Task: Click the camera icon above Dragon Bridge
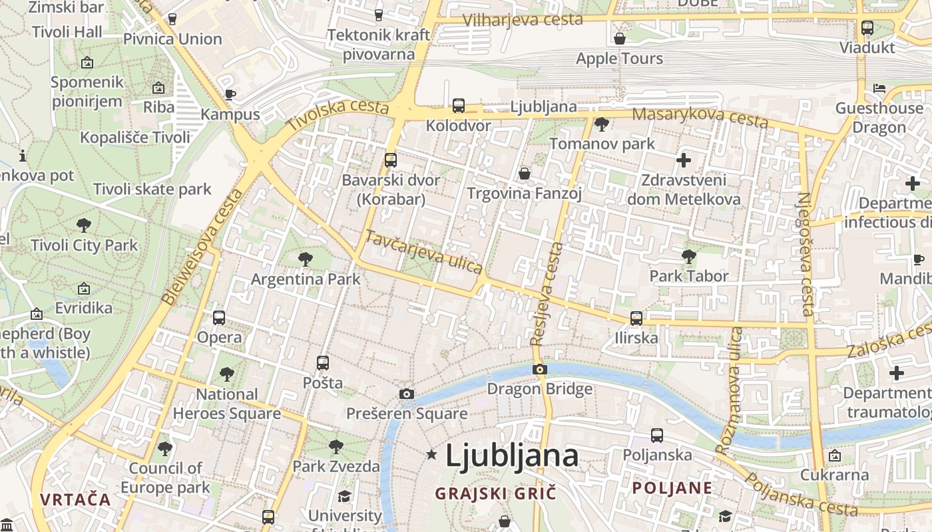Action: click(x=540, y=370)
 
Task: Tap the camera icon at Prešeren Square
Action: click(x=407, y=394)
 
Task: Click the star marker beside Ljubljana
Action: click(x=431, y=455)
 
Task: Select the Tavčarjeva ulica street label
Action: click(x=423, y=251)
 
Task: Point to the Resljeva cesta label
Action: click(x=547, y=294)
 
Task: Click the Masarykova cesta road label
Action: click(x=700, y=117)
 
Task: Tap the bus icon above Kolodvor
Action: click(x=459, y=106)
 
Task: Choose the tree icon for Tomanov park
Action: click(x=602, y=124)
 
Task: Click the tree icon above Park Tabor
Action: click(x=689, y=256)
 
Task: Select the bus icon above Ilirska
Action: click(x=636, y=319)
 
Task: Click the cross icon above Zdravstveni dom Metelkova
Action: click(x=684, y=160)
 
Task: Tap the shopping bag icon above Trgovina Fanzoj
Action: click(x=525, y=174)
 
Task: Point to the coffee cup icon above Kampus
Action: click(x=230, y=94)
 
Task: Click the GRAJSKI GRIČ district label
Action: click(x=495, y=493)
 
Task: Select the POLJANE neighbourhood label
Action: click(x=672, y=488)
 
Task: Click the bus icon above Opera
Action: click(x=219, y=318)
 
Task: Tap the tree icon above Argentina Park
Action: click(x=306, y=259)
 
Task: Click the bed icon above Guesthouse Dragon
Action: click(x=879, y=88)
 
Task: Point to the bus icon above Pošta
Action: click(x=323, y=363)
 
